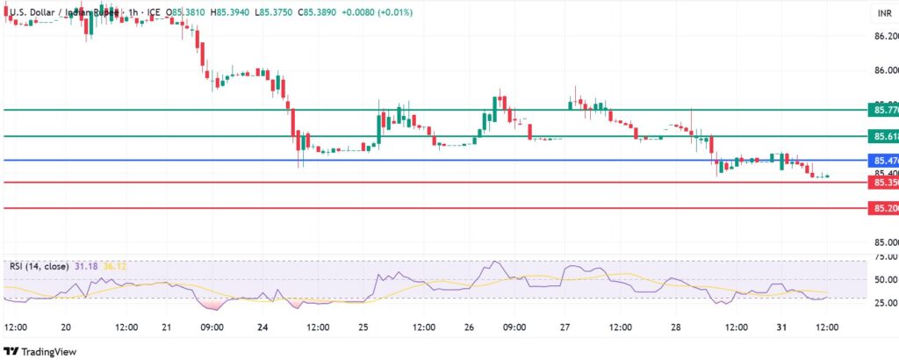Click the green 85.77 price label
(x=882, y=110)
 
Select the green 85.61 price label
(x=882, y=137)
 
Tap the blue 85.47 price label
(x=882, y=161)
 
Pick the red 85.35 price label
(x=882, y=183)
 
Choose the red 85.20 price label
(x=882, y=209)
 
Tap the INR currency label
(x=884, y=13)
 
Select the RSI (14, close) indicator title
(x=44, y=265)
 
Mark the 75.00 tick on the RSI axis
(x=885, y=257)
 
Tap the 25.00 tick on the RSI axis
(x=885, y=303)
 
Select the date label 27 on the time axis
(x=565, y=327)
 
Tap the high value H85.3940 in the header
(x=220, y=12)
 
